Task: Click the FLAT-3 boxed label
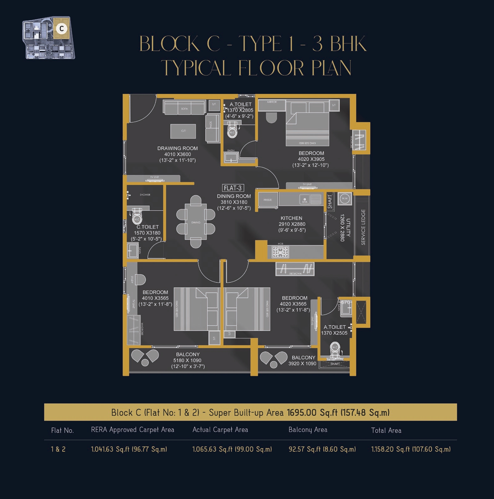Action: click(233, 188)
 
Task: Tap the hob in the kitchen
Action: click(280, 252)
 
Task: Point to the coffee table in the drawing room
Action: click(183, 131)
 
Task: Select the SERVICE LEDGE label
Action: click(363, 227)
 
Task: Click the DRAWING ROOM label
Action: click(177, 148)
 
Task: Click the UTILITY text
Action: click(348, 227)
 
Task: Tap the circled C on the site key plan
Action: click(62, 28)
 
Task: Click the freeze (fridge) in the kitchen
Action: click(268, 200)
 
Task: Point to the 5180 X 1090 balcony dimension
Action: click(187, 360)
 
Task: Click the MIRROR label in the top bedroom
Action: click(272, 102)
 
